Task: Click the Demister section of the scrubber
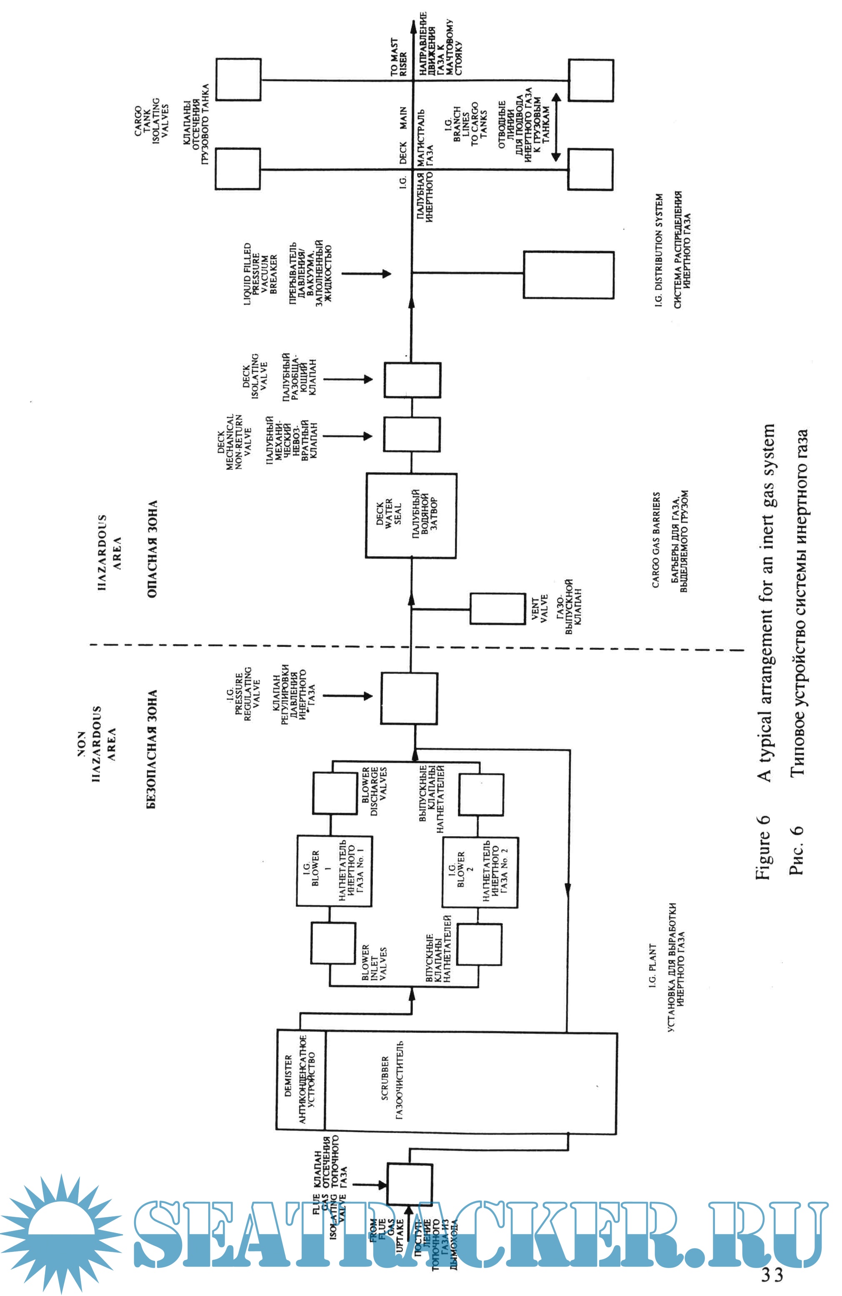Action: click(301, 1079)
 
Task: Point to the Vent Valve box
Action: click(497, 608)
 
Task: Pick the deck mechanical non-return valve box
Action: click(411, 434)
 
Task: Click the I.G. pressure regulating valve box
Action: click(408, 698)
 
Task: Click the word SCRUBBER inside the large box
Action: click(385, 1078)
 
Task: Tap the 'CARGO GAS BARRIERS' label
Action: click(656, 539)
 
